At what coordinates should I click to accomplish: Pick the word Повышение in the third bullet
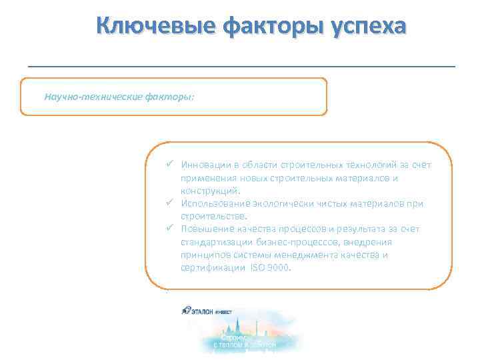click(x=205, y=229)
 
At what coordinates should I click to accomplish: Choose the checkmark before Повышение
click(x=171, y=229)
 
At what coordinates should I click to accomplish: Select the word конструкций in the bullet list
click(x=207, y=191)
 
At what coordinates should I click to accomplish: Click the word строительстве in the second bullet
click(x=212, y=216)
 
